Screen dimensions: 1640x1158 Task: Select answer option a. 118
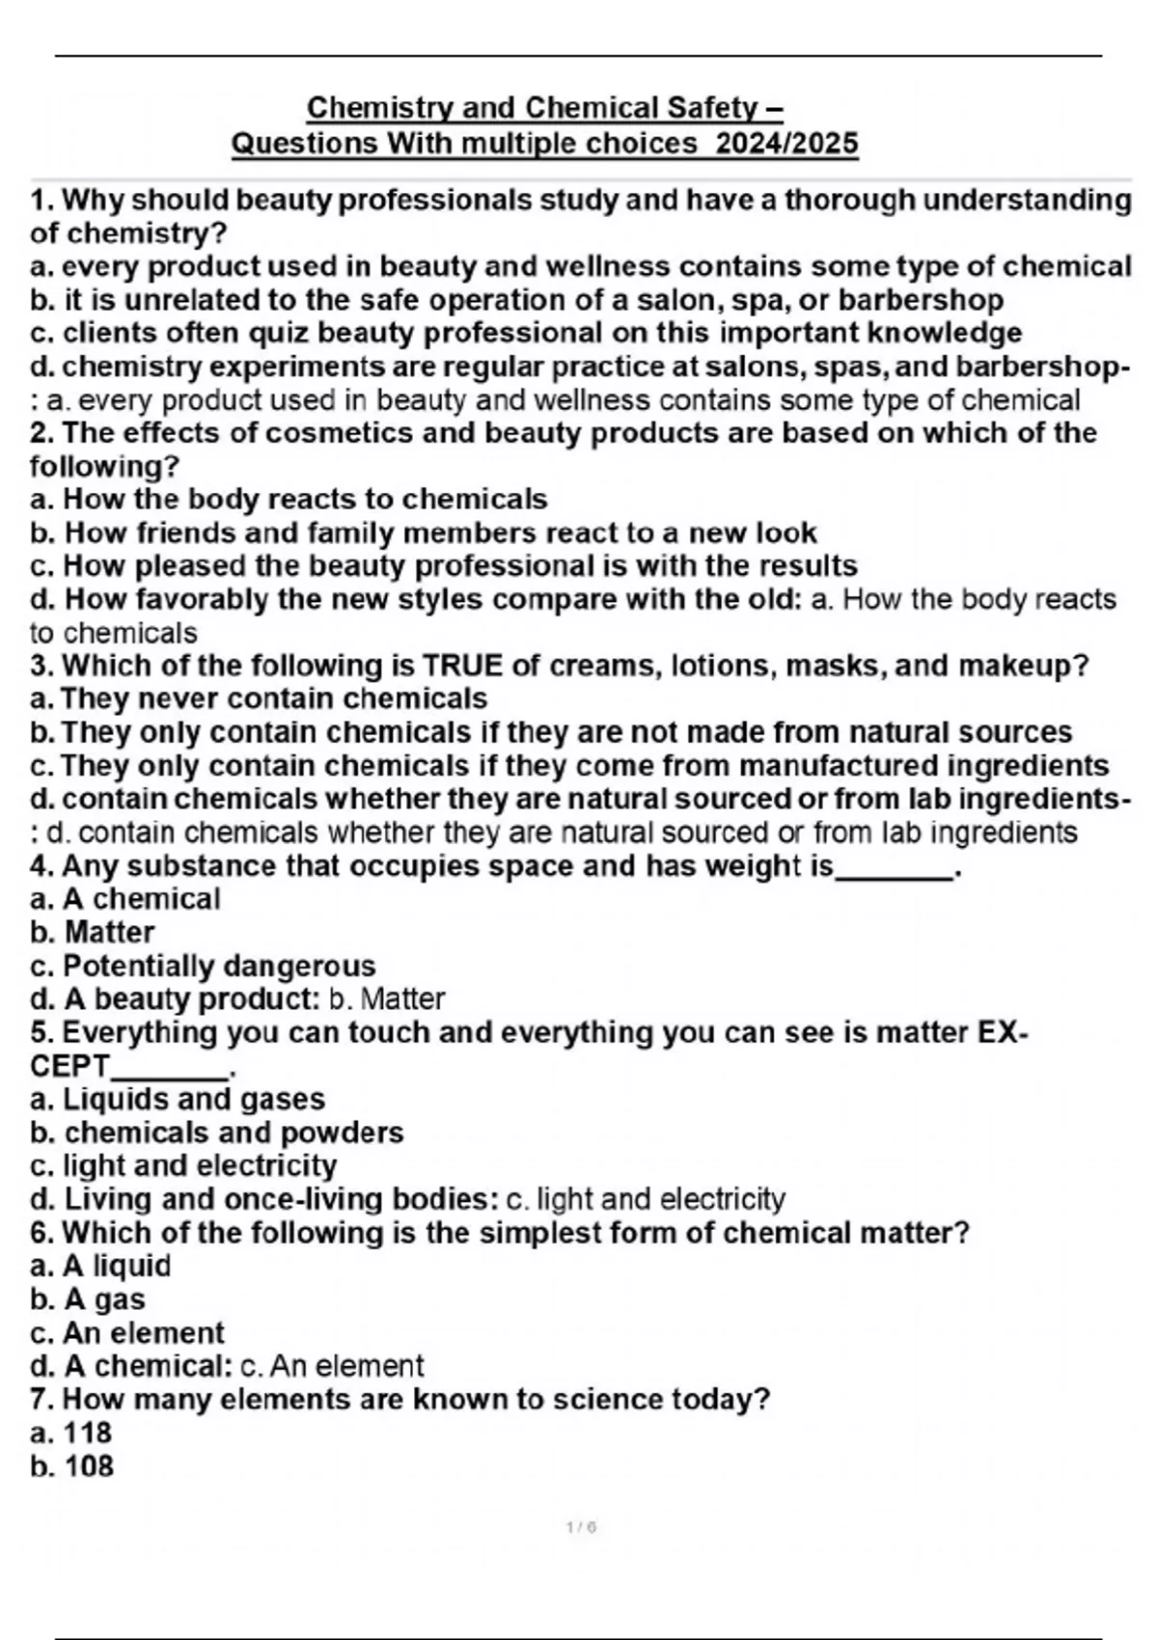71,1433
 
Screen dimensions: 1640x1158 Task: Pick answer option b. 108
72,1466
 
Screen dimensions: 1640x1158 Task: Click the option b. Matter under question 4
93,933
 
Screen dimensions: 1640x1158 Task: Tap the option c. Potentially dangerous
203,966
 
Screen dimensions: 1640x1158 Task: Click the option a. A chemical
125,899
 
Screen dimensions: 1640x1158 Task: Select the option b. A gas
88,1299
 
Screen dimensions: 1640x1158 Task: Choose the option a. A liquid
100,1266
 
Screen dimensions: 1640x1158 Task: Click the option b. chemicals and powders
217,1133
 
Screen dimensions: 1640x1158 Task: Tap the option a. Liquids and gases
178,1099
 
